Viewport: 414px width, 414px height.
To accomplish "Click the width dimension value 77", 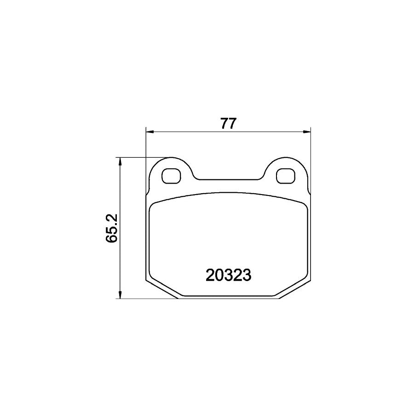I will (x=228, y=124).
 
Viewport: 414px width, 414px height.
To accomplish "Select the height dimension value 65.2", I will (x=112, y=228).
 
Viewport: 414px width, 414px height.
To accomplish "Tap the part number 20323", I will (x=228, y=275).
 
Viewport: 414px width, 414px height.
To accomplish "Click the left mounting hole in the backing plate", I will (x=172, y=175).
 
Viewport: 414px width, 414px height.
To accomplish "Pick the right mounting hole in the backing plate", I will (x=285, y=175).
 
